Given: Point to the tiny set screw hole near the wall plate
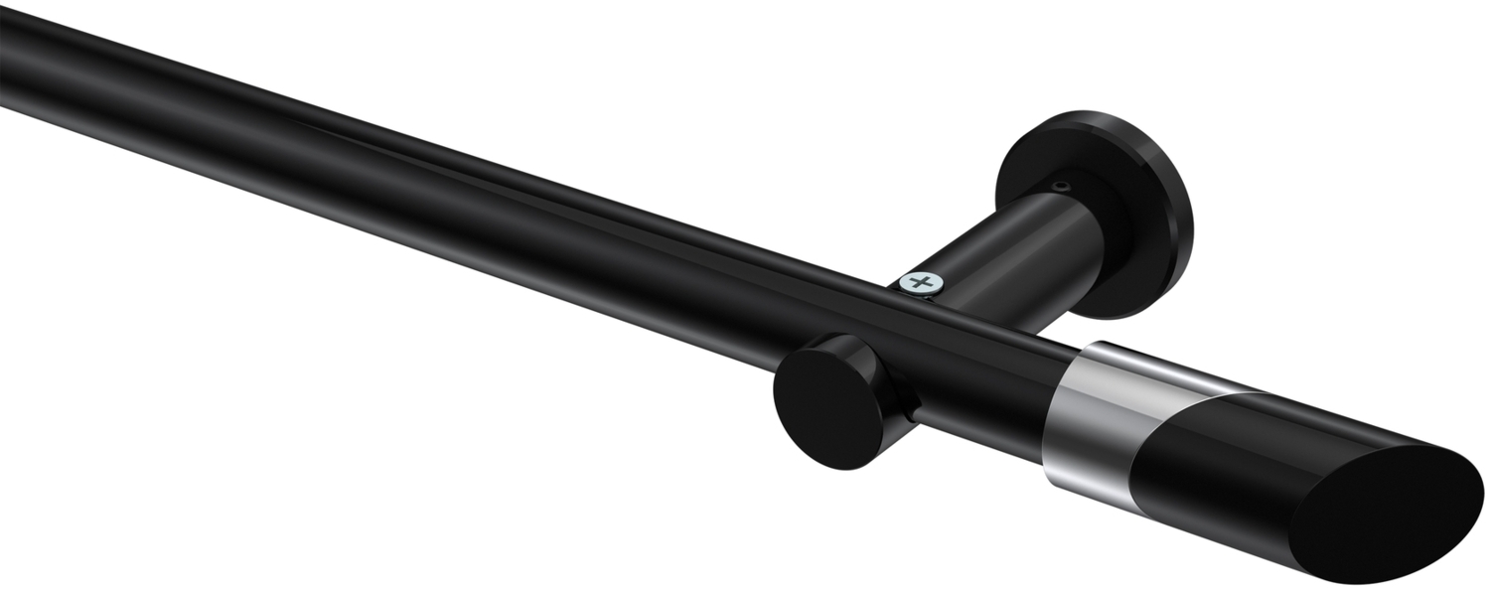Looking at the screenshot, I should [1062, 186].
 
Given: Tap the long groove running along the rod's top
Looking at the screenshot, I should [497, 184].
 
